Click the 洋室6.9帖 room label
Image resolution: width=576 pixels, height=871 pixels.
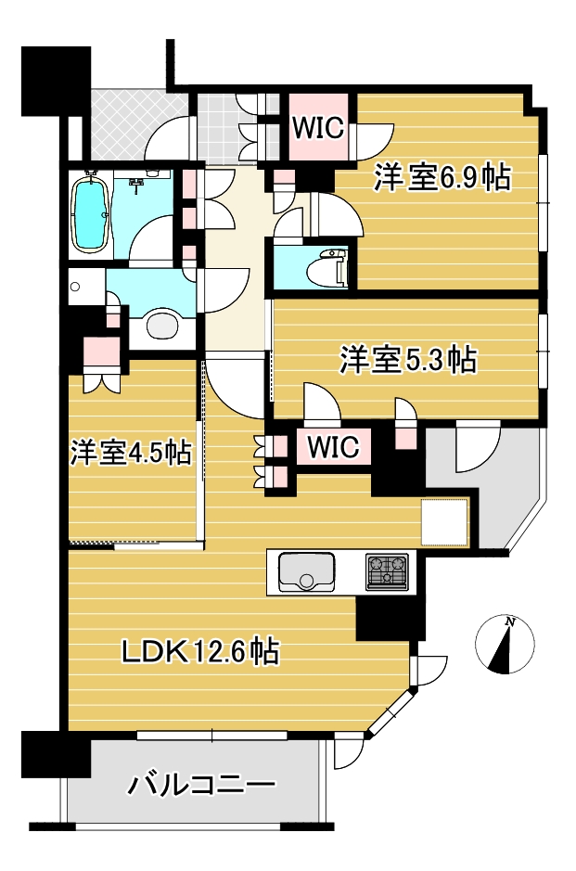click(x=442, y=178)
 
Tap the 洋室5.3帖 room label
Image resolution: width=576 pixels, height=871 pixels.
click(x=408, y=359)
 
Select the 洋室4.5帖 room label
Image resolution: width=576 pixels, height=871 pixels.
click(x=131, y=453)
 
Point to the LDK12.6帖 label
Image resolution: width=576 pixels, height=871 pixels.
click(x=200, y=651)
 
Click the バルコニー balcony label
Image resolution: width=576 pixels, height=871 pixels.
click(x=201, y=786)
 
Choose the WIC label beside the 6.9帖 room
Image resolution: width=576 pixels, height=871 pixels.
click(x=318, y=128)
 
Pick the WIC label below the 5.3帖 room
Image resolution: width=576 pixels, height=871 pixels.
click(x=333, y=446)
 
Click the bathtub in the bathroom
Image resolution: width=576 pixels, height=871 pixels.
click(x=89, y=215)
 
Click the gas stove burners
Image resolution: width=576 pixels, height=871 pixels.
click(x=387, y=571)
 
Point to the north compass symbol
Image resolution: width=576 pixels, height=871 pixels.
click(x=505, y=645)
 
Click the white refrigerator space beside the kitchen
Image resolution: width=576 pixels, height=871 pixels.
click(x=445, y=522)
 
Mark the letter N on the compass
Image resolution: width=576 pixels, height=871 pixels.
click(x=509, y=622)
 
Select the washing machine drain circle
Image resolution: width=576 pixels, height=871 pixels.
click(x=75, y=288)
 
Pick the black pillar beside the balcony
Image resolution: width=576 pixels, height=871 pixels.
click(x=56, y=754)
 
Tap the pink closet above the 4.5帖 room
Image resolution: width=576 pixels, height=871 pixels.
click(x=101, y=352)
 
